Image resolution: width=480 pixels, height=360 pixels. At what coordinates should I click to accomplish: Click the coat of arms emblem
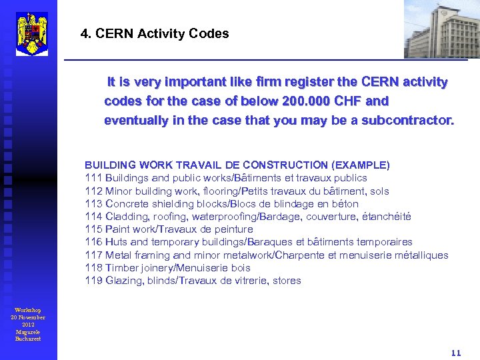coord(31,33)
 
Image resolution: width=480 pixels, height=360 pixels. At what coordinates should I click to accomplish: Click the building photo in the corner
coord(441,30)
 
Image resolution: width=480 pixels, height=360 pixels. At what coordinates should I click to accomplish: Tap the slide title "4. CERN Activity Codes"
coord(155,33)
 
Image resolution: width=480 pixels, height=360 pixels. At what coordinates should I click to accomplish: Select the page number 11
coord(456,353)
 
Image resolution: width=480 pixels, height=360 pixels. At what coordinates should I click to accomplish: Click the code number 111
coord(93,178)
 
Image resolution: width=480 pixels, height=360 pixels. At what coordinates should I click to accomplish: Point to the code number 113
coord(93,204)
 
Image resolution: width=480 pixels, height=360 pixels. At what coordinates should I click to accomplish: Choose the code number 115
coord(93,229)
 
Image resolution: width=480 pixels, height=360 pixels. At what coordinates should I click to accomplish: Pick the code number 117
coord(93,255)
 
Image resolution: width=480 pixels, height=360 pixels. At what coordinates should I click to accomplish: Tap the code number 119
coord(93,281)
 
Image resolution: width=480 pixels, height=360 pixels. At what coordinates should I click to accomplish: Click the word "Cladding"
coord(127,217)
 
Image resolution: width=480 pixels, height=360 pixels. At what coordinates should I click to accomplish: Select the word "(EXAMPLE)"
coord(361,165)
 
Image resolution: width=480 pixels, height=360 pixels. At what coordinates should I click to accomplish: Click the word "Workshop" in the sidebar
coord(28,310)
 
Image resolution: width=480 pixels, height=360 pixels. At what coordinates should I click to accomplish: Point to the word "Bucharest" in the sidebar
coord(28,339)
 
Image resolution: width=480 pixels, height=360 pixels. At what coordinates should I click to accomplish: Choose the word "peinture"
coord(233,229)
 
